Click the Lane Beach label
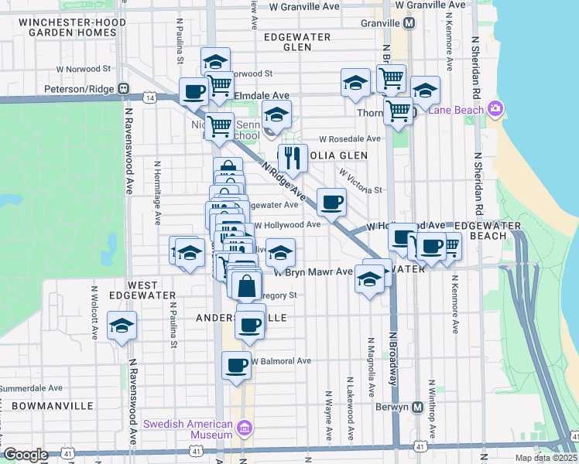coord(456,109)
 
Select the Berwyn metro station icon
coord(417,407)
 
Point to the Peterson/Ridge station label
coord(84,87)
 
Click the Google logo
coord(26,455)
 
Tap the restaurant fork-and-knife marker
coord(293,159)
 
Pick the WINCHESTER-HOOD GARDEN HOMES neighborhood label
coord(62,27)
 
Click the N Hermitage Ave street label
coord(158,193)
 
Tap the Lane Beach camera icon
coord(494,109)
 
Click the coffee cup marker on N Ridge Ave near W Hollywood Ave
coord(331,203)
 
